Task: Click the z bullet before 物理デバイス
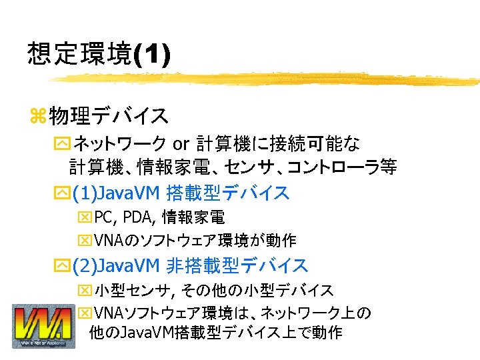coord(38,116)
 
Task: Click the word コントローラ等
coord(347,167)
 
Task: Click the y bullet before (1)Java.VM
coord(63,194)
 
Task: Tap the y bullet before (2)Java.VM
coord(63,267)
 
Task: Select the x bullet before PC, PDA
coord(85,217)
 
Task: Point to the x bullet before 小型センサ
coord(85,290)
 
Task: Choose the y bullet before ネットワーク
coord(63,144)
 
